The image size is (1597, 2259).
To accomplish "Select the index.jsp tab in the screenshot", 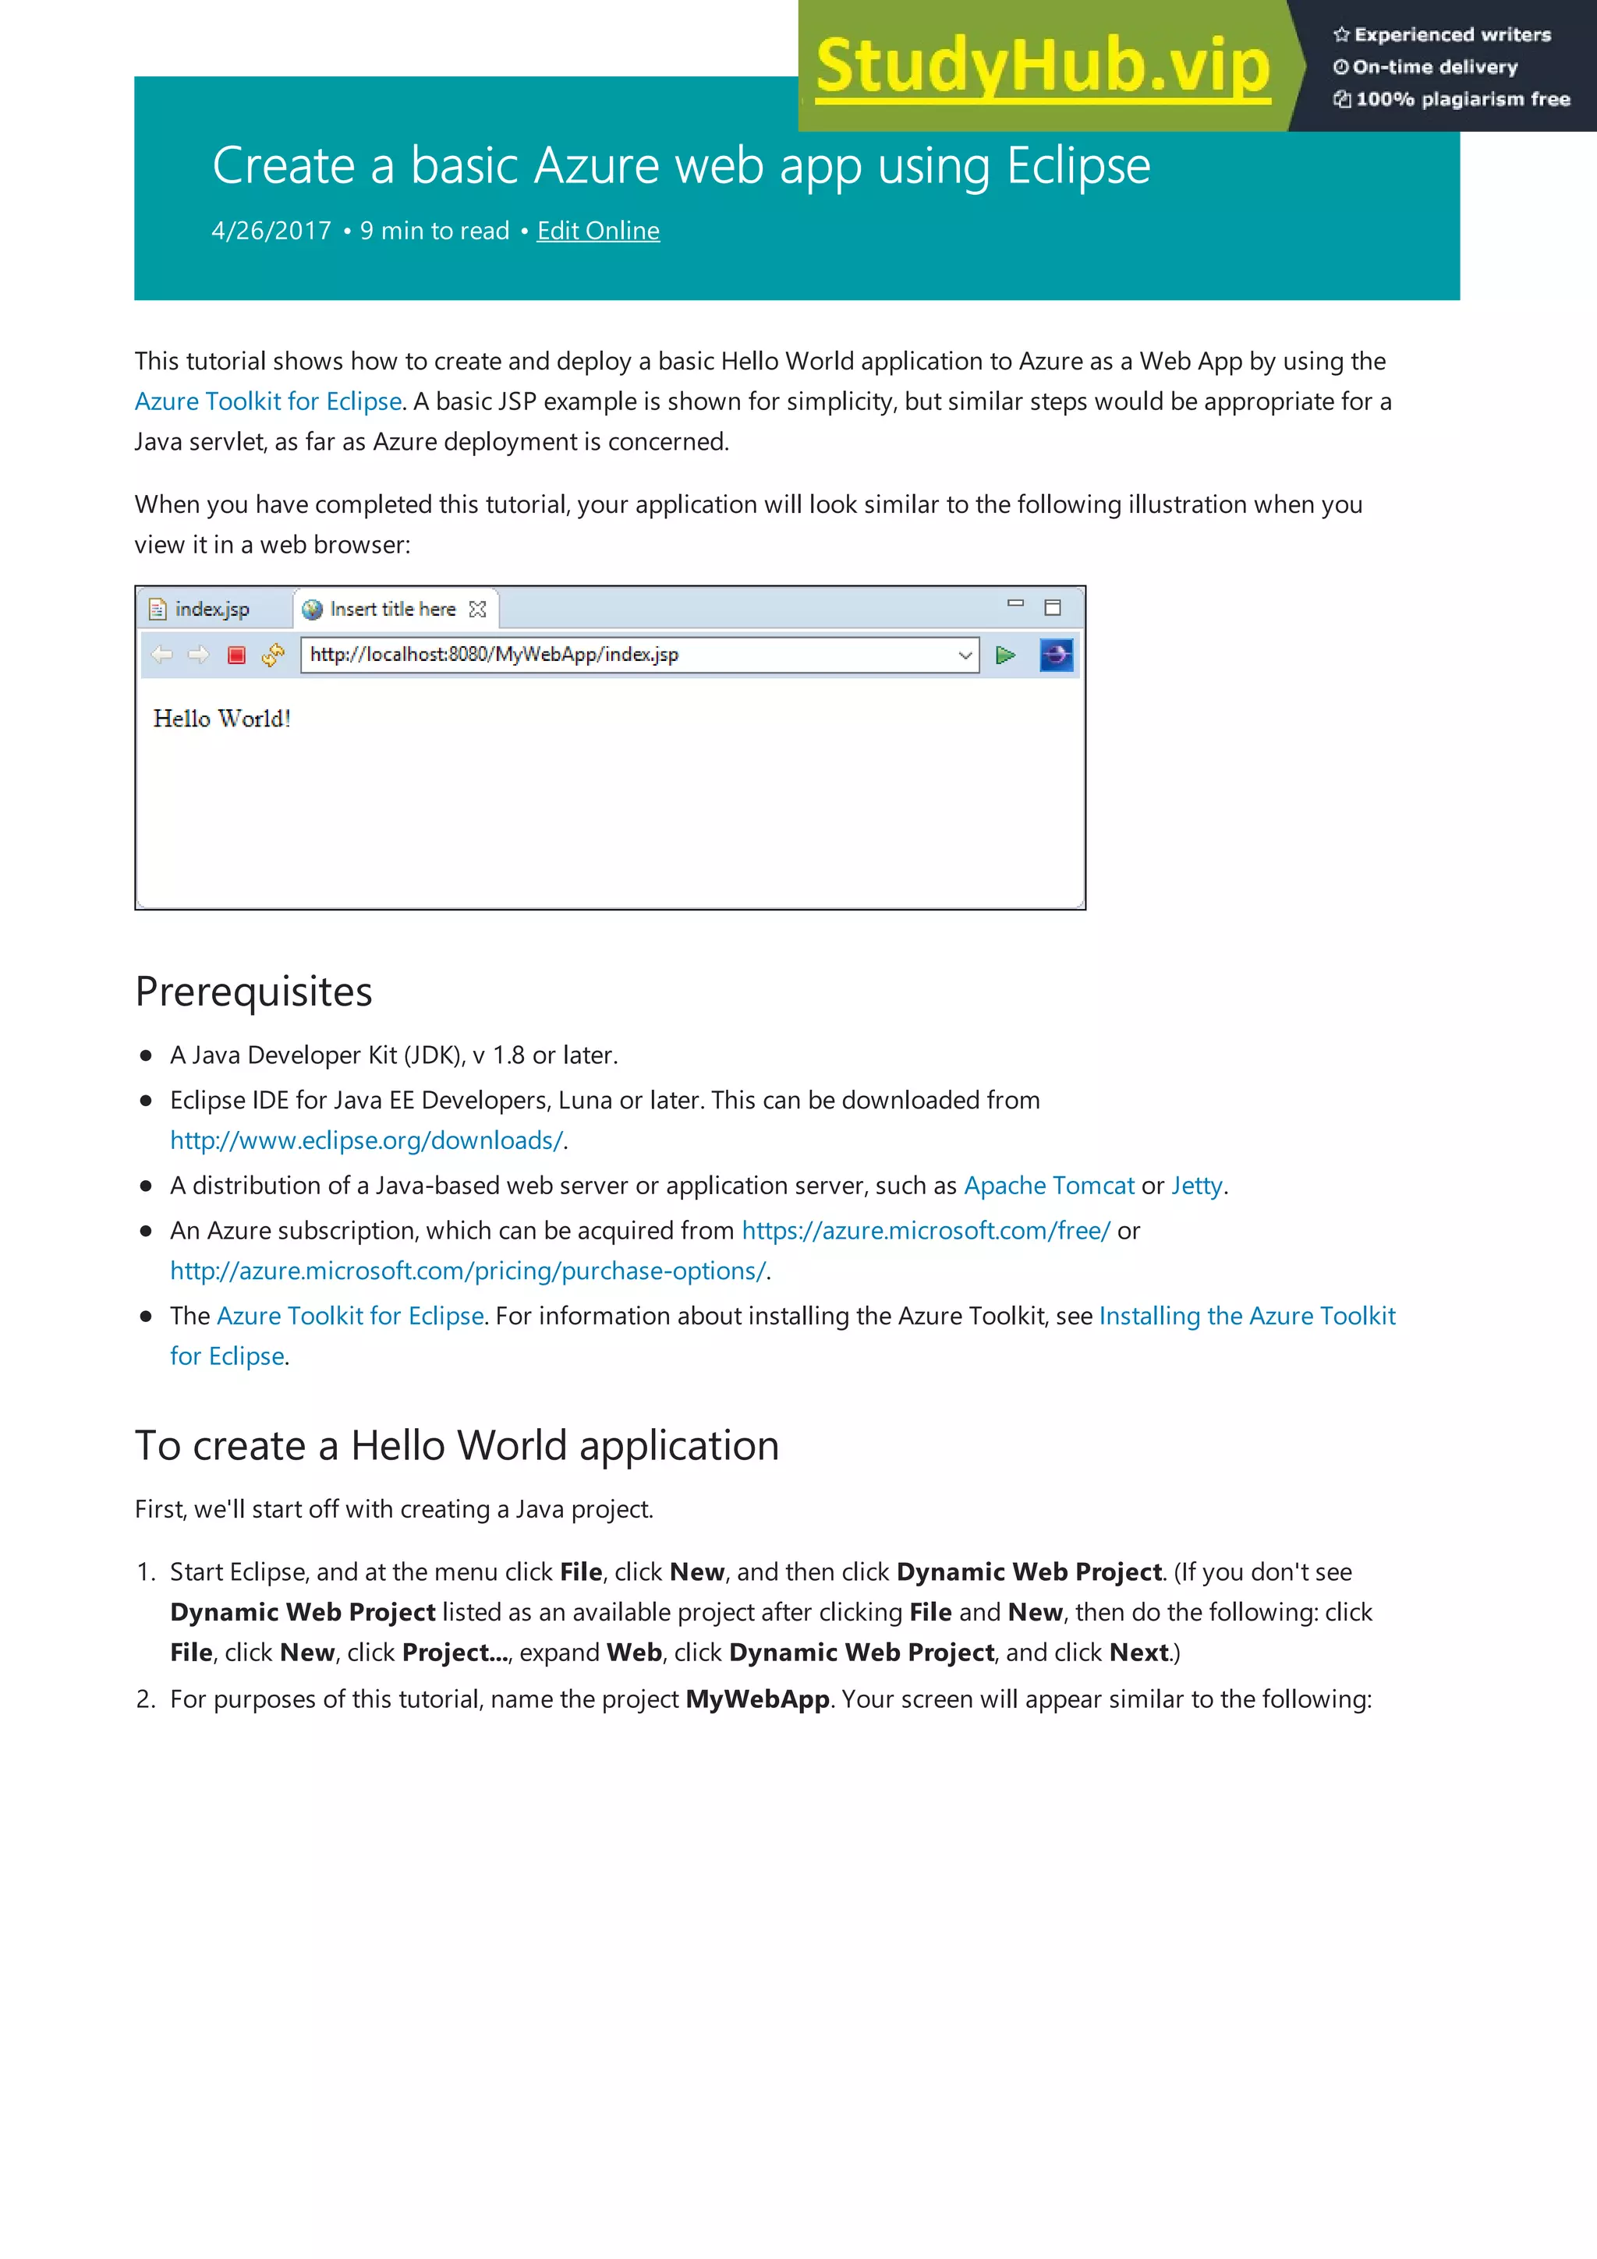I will pyautogui.click(x=211, y=609).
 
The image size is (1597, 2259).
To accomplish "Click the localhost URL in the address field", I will pyautogui.click(x=494, y=654).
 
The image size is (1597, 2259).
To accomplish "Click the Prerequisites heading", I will pyautogui.click(x=254, y=991).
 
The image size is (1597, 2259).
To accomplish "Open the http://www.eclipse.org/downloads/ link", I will pyautogui.click(x=366, y=1140).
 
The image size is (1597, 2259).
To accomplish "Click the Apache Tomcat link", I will pyautogui.click(x=1049, y=1185).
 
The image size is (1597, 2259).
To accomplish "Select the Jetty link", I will pyautogui.click(x=1196, y=1185).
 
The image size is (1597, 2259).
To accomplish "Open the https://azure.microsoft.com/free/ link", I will pyautogui.click(x=926, y=1230).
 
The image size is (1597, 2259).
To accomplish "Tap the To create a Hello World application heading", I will pyautogui.click(x=457, y=1445).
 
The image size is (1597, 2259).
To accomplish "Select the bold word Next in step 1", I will pyautogui.click(x=1138, y=1652).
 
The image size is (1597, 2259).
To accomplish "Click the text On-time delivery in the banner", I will pyautogui.click(x=1435, y=67).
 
